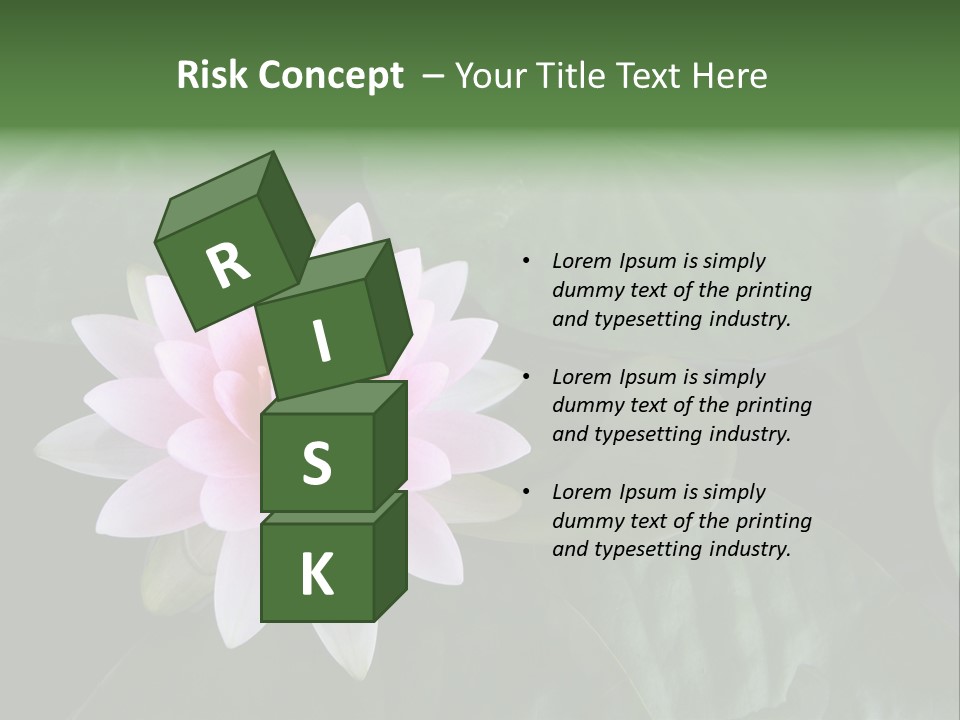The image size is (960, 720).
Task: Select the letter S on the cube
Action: pyautogui.click(x=316, y=464)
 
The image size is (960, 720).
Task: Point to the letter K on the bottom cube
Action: pyautogui.click(x=316, y=575)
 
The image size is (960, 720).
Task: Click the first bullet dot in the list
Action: pyautogui.click(x=526, y=262)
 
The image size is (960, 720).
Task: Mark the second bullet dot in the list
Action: pyautogui.click(x=526, y=377)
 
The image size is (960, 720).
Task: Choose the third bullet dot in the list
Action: pyautogui.click(x=526, y=492)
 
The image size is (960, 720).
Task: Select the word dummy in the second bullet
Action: pyautogui.click(x=587, y=406)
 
